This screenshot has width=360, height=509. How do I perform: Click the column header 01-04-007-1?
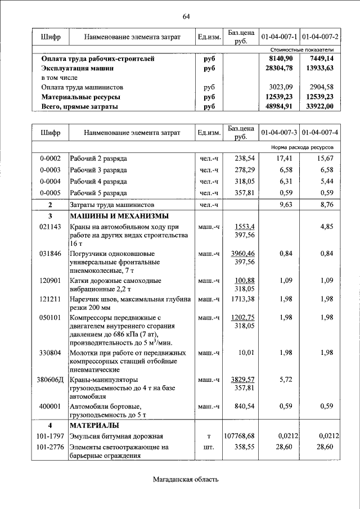(x=279, y=37)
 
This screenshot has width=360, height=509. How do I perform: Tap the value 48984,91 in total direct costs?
(x=280, y=106)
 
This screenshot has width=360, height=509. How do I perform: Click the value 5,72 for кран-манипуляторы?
(x=287, y=379)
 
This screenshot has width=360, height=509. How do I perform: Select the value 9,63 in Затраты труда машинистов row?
(x=287, y=205)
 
